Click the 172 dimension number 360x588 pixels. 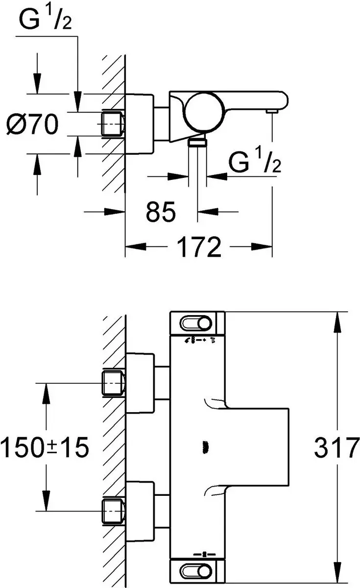tap(199, 247)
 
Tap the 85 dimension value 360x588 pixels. tap(161, 212)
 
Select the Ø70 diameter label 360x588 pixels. tap(32, 124)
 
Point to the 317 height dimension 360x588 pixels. tap(337, 448)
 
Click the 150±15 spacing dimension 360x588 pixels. tap(45, 447)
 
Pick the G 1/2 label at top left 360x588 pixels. tap(45, 19)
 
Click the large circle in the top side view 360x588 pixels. tap(205, 112)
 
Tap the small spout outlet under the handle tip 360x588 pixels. tap(272, 112)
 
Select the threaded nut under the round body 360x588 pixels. tap(197, 142)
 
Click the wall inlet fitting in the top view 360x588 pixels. tap(113, 124)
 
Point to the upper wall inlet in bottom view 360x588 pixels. tap(113, 383)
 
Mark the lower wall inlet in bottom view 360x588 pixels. tap(113, 511)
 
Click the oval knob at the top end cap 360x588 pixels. tap(196, 323)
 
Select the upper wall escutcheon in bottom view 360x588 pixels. tap(140, 383)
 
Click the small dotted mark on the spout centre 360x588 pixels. tap(205, 447)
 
